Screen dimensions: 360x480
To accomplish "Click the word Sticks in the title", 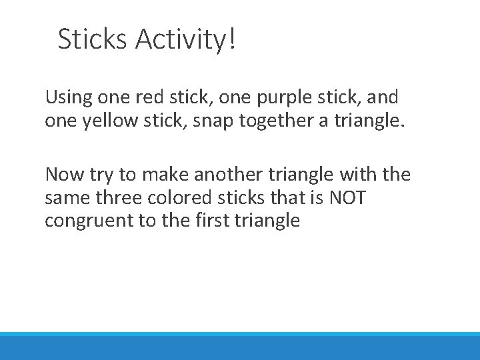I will pyautogui.click(x=93, y=39).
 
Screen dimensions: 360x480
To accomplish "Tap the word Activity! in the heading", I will pyautogui.click(x=185, y=39).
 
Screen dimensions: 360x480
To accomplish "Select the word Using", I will pyautogui.click(x=68, y=98).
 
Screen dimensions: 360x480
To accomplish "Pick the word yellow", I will pyautogui.click(x=103, y=121).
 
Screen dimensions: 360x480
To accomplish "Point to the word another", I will pyautogui.click(x=223, y=175).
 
